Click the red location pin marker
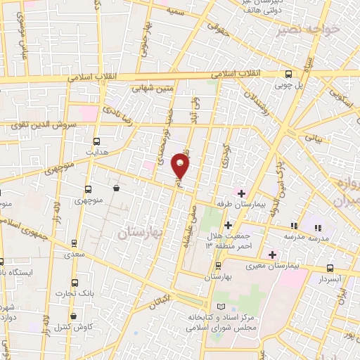click(x=181, y=166)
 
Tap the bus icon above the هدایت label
click(x=96, y=140)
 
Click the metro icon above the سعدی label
click(x=75, y=244)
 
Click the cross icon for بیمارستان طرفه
click(x=241, y=193)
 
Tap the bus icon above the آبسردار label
click(x=330, y=268)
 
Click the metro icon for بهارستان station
click(x=218, y=266)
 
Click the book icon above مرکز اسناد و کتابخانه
click(x=222, y=307)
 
